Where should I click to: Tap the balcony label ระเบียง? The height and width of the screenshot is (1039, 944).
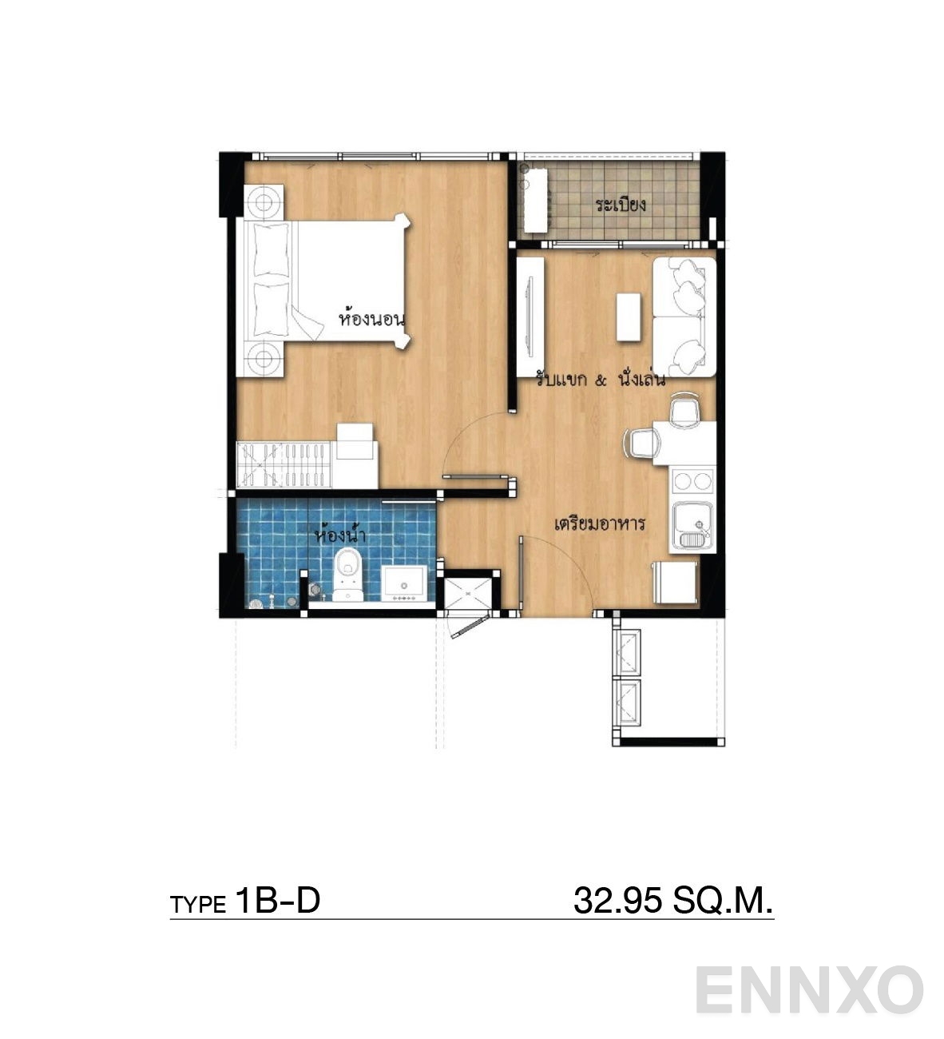click(x=620, y=204)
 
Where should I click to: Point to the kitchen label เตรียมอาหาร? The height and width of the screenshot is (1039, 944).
click(x=599, y=523)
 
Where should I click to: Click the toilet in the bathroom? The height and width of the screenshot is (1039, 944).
click(x=347, y=575)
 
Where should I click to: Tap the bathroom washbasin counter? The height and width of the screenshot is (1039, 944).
click(x=404, y=583)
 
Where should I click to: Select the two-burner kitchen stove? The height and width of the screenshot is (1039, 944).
click(x=692, y=482)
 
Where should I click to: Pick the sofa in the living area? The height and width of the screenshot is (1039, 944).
click(x=684, y=316)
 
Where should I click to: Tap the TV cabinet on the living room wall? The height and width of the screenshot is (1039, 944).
click(x=530, y=316)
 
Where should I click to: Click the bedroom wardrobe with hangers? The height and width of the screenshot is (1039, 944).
click(x=284, y=464)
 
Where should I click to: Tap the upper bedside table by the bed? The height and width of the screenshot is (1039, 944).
click(x=264, y=202)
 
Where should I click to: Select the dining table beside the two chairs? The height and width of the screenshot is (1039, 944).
click(x=684, y=444)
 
